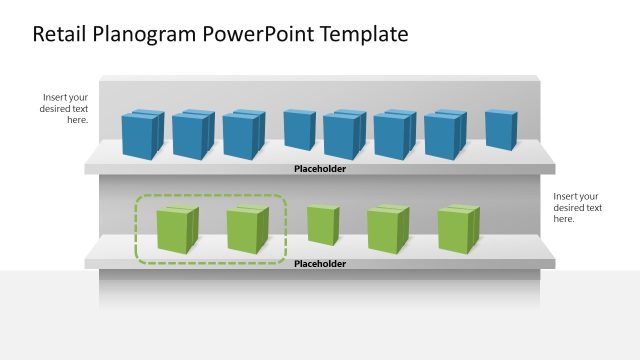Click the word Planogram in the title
click(149, 35)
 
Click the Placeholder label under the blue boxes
click(320, 169)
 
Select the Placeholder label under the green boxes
click(320, 264)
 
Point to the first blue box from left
click(142, 134)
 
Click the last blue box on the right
click(500, 130)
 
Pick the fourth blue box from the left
click(299, 130)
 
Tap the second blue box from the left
click(192, 134)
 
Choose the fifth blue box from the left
click(344, 134)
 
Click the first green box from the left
click(177, 229)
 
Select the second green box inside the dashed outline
click(247, 229)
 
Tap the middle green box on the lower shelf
click(322, 225)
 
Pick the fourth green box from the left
click(387, 229)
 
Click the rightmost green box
click(458, 229)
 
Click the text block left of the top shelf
click(65, 108)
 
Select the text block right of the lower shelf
click(577, 207)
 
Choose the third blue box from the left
click(243, 134)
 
